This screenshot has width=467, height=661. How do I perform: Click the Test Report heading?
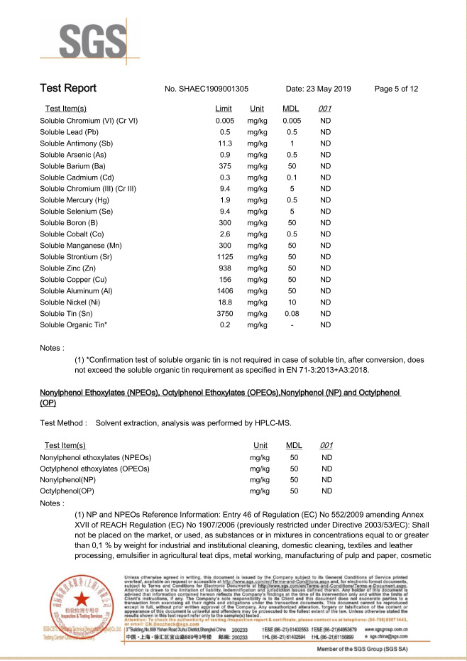tap(68, 89)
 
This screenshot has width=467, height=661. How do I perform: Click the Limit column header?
tap(224, 109)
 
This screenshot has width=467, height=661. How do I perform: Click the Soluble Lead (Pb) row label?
tap(69, 132)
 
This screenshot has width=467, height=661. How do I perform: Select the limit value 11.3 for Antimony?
tap(225, 143)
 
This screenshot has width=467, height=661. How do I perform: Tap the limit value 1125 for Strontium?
tap(225, 256)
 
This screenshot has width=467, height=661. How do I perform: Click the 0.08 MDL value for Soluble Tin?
tap(291, 313)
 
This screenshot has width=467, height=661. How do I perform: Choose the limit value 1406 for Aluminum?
tap(225, 290)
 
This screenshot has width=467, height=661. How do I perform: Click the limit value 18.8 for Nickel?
tap(225, 302)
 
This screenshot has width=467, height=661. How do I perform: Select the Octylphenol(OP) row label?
tap(68, 491)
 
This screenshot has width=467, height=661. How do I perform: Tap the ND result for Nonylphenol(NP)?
tap(326, 480)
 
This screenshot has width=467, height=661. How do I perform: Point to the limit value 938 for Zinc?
tap(225, 268)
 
